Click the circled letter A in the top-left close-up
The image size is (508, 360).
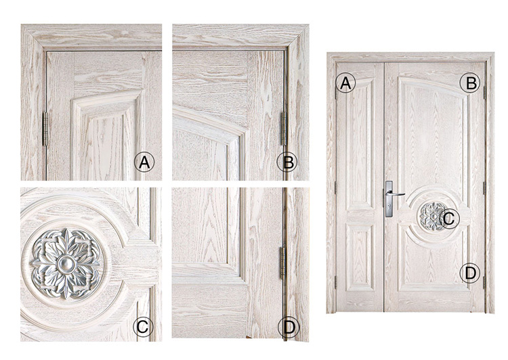click(144, 162)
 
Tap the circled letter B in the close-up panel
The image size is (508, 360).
click(287, 162)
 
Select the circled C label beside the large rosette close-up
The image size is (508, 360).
click(143, 327)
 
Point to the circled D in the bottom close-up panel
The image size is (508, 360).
click(289, 327)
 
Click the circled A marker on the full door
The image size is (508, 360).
click(345, 83)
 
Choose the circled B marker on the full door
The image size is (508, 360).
click(470, 83)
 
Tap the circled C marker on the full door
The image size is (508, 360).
click(449, 219)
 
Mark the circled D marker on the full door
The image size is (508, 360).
click(470, 273)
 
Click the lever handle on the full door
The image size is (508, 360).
click(396, 194)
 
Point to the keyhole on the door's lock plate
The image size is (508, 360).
click(389, 204)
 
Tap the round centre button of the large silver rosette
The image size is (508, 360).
click(66, 264)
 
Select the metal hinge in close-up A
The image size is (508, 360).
click(45, 129)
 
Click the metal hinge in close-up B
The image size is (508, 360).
click(284, 129)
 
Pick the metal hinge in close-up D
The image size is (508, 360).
click(282, 263)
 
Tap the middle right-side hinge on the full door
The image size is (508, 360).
click(485, 188)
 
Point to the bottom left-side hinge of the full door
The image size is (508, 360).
click(335, 282)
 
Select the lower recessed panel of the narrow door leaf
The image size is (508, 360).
click(359, 257)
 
